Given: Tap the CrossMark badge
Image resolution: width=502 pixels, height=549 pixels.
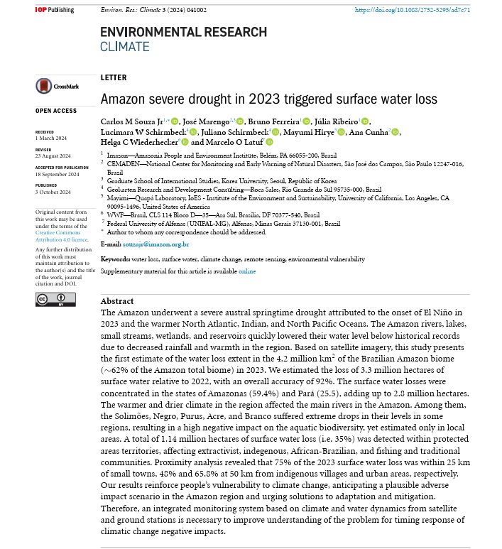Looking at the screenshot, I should (x=57, y=86).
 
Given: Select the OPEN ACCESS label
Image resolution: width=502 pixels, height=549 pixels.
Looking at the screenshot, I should (x=56, y=111).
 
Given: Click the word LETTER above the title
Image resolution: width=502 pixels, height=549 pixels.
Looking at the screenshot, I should (x=114, y=78).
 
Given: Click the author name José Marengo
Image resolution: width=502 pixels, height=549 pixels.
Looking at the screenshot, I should (x=207, y=121).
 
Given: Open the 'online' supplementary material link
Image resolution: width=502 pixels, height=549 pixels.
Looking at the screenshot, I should (x=247, y=271).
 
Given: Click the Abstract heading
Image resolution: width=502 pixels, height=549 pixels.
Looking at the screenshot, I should (x=117, y=301).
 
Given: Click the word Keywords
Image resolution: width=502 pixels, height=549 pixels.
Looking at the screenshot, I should (x=115, y=259).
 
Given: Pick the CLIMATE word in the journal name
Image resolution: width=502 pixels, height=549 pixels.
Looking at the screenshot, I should (x=125, y=47).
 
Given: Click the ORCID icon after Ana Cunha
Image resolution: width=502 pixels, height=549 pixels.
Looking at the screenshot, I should (x=395, y=132).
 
